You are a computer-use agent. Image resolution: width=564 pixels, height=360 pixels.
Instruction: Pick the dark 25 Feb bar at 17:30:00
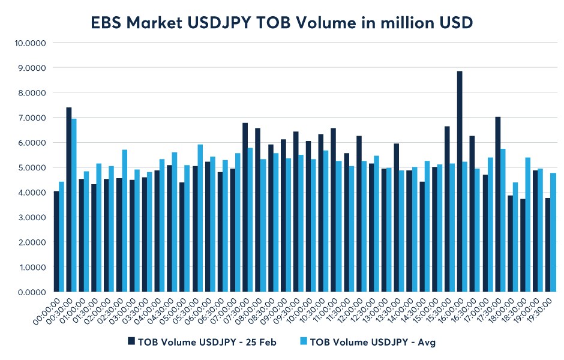(497, 205)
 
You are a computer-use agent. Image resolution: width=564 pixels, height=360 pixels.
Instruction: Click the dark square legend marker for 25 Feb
(131, 341)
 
